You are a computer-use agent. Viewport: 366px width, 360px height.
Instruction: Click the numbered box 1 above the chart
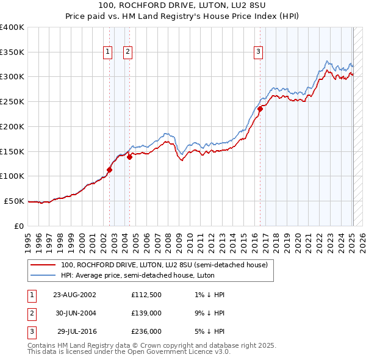[107, 52]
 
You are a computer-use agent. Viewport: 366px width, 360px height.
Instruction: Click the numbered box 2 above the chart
[127, 52]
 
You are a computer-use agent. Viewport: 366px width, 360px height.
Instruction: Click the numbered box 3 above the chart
[259, 52]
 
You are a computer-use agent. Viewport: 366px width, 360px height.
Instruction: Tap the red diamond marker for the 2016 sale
[260, 109]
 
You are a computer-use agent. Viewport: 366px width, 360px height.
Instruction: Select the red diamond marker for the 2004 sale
[129, 157]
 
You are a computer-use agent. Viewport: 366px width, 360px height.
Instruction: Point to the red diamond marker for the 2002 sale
[110, 170]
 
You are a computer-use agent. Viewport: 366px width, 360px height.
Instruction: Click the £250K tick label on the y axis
[12, 102]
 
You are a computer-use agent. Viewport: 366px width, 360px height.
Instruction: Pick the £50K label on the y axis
[14, 201]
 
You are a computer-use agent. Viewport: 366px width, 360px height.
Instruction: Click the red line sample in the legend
[43, 265]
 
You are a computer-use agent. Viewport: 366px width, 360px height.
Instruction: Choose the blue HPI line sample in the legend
[43, 275]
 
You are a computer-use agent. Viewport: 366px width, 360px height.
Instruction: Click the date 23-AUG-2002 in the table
[74, 295]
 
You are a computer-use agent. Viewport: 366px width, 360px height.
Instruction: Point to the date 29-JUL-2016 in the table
[77, 331]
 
